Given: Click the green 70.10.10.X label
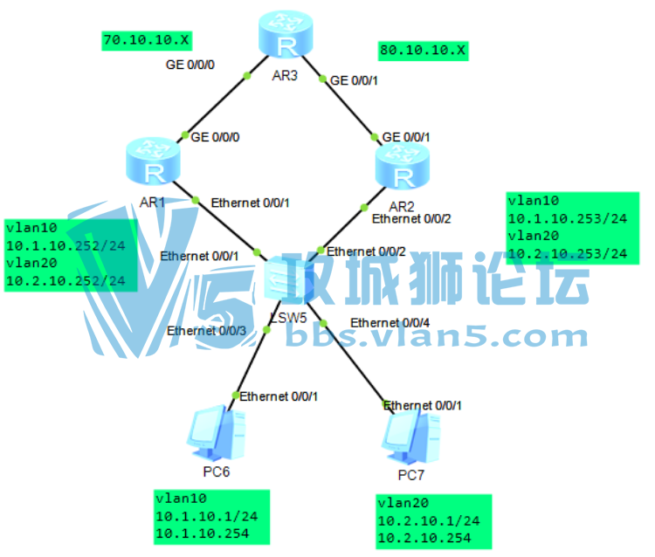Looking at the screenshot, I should [x=147, y=40].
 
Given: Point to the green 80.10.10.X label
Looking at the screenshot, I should [x=423, y=51].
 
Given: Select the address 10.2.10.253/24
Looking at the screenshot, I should [x=568, y=254].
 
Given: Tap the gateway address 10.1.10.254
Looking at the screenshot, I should [x=202, y=533].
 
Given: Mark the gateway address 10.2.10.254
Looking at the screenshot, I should [x=423, y=538].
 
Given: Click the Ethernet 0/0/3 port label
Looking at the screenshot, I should [x=207, y=331].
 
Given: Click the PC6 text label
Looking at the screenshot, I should [x=217, y=472].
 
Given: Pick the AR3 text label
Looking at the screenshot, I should [x=285, y=75].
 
